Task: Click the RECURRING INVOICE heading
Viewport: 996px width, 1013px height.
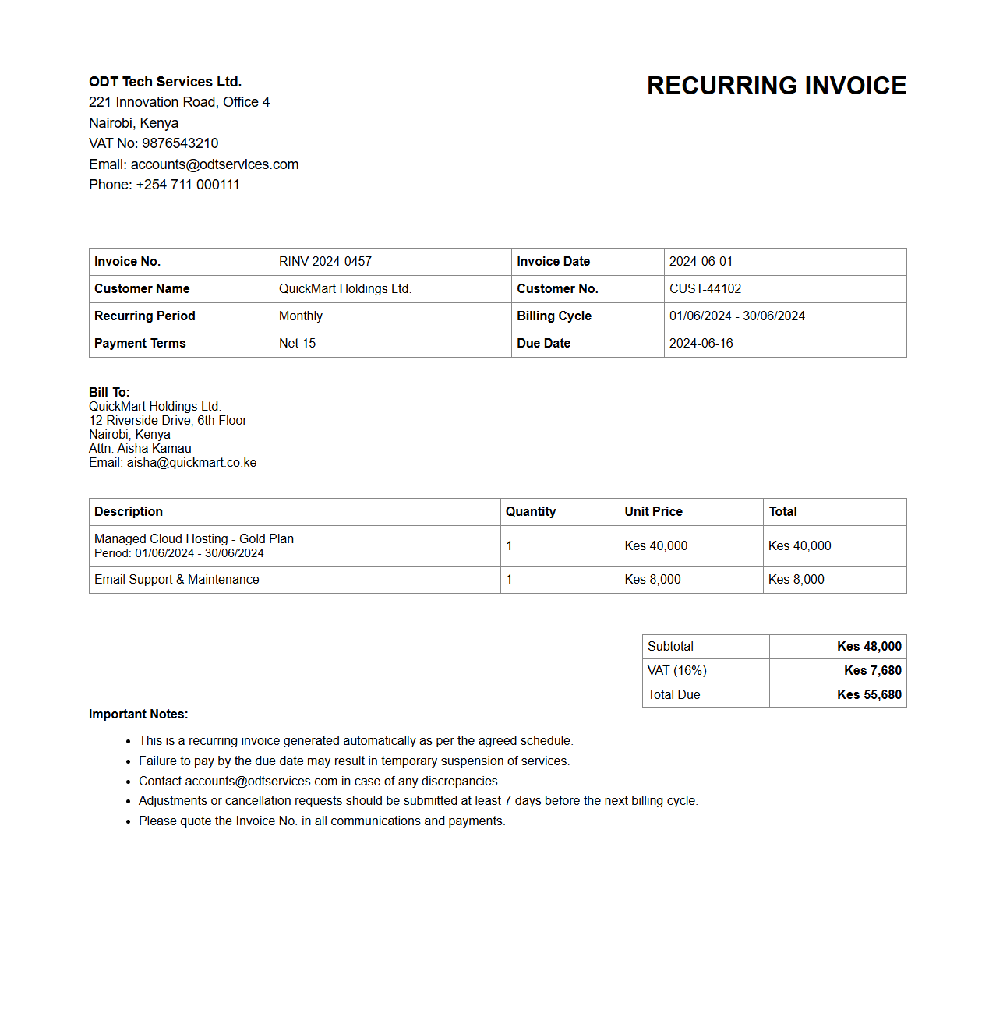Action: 776,86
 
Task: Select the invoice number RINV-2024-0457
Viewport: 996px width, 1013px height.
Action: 325,262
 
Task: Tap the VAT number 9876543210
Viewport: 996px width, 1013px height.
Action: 180,143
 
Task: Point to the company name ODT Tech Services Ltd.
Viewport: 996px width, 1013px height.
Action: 165,82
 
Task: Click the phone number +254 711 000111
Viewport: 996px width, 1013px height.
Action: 188,185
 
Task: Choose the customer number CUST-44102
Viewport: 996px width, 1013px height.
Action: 705,289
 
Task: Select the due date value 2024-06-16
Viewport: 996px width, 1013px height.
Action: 701,344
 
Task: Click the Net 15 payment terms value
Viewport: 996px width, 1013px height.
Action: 297,344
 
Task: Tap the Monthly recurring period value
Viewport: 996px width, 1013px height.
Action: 300,316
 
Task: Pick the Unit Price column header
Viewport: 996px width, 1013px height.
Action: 653,512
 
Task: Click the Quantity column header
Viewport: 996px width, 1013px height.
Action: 530,512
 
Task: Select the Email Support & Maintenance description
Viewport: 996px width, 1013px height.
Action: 177,580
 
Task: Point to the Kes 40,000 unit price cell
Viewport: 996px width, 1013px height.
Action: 656,546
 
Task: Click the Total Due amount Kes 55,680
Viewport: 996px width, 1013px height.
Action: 869,695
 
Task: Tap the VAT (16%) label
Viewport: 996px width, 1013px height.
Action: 676,671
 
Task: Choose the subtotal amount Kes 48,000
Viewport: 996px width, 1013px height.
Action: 869,647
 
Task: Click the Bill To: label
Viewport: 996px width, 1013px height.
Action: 109,392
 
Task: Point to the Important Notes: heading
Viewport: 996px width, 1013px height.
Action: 138,715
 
